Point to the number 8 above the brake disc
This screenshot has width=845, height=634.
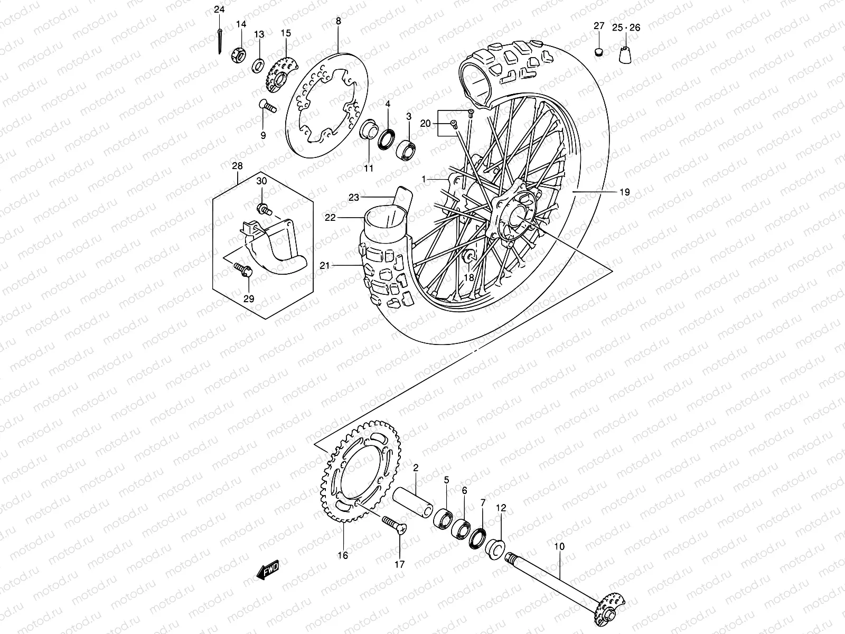[x=338, y=21]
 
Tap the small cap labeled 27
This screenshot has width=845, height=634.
[x=598, y=51]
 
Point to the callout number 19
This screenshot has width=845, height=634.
[x=624, y=192]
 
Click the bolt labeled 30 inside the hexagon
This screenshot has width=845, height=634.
[x=264, y=209]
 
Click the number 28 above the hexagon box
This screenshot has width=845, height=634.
[x=237, y=166]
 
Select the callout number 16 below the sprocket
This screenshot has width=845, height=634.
[x=343, y=555]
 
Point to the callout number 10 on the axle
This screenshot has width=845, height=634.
[x=560, y=546]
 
